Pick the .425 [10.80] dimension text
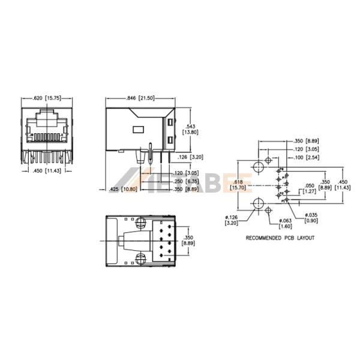(125, 190)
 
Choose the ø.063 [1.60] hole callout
(285, 223)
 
